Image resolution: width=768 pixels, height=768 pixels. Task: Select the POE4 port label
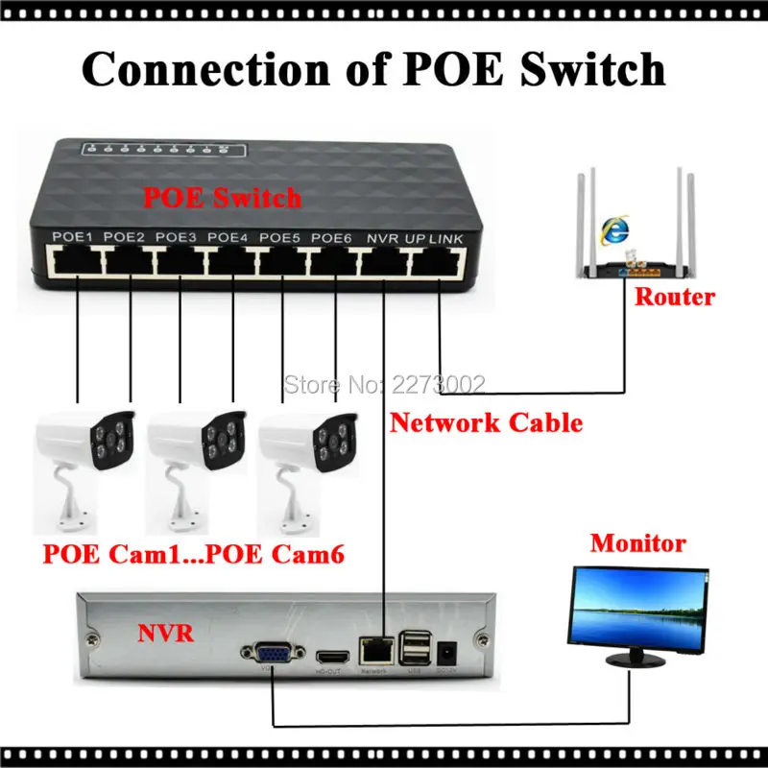[227, 236]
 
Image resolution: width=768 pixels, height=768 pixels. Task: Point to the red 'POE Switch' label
[222, 198]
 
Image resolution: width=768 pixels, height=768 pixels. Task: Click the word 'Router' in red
[675, 297]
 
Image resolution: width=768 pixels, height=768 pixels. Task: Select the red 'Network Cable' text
[486, 421]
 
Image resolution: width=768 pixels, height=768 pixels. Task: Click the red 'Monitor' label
[637, 543]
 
